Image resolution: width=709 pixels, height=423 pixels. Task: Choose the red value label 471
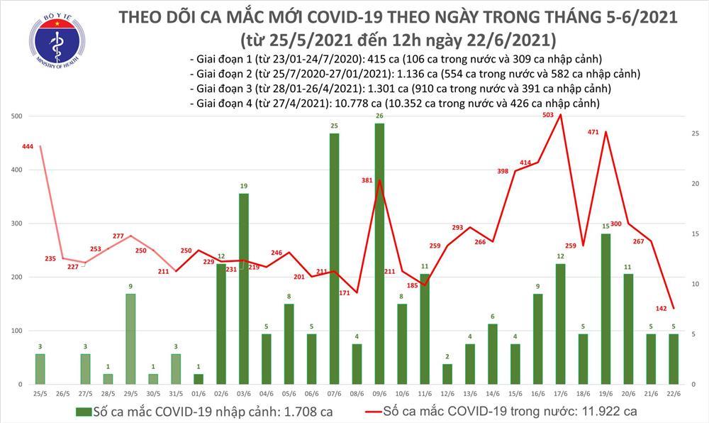pos(595,132)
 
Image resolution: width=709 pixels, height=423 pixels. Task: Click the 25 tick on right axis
pos(696,133)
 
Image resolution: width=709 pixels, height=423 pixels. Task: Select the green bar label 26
pos(380,116)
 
